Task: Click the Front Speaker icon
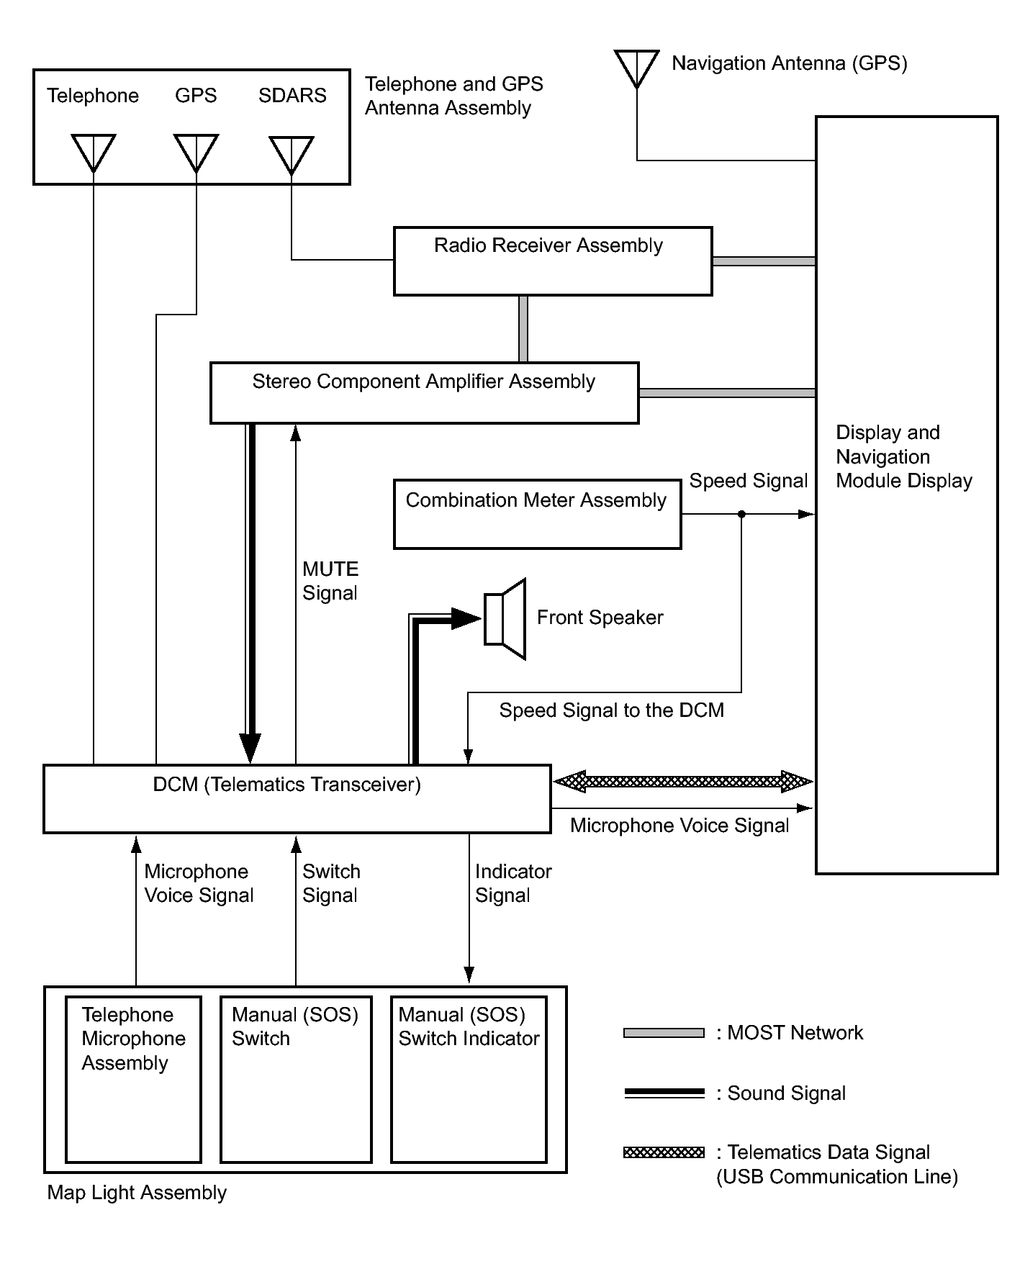(505, 619)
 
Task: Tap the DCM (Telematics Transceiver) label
(287, 784)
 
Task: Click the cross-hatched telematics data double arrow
(683, 781)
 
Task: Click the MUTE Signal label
(330, 581)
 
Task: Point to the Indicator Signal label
(513, 883)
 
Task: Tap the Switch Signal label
(331, 883)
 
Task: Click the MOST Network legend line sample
(664, 1033)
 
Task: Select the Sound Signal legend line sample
(664, 1093)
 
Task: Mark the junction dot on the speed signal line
(742, 514)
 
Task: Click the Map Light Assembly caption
(137, 1193)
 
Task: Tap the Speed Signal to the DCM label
(612, 710)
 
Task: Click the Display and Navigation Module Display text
(904, 456)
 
